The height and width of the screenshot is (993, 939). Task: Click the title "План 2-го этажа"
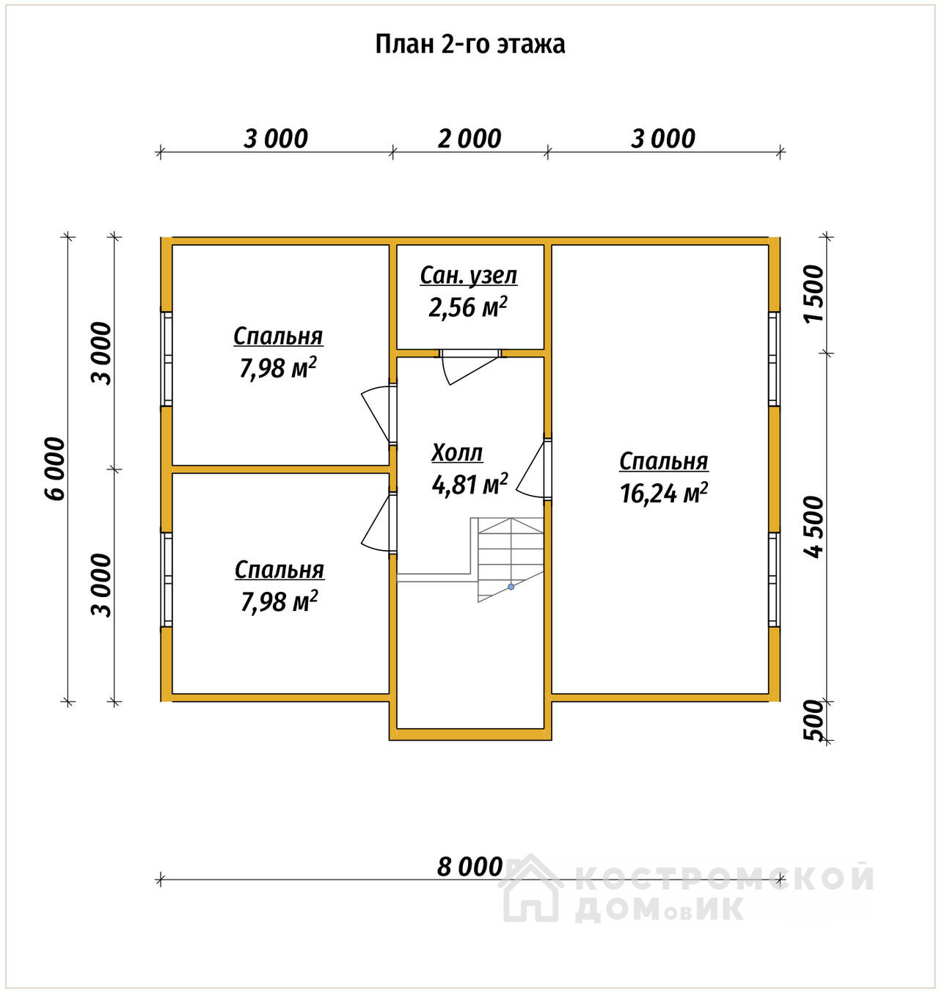(x=469, y=45)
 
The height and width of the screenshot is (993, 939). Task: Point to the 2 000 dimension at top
(x=469, y=139)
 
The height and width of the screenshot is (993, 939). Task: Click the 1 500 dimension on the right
(x=814, y=295)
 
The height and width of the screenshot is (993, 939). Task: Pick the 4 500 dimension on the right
(x=814, y=527)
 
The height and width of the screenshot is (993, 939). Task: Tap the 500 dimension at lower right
(x=814, y=720)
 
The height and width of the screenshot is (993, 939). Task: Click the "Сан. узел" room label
(x=469, y=276)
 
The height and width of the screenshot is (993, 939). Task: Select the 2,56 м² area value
(x=467, y=307)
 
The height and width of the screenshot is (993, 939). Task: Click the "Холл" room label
(x=457, y=453)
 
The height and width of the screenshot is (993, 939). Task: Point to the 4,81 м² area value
(x=469, y=484)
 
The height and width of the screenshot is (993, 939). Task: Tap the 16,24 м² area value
(x=664, y=493)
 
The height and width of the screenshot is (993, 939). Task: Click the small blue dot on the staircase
(x=511, y=587)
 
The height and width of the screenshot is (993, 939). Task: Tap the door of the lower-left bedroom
(x=376, y=521)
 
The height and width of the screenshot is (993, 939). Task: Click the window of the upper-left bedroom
(x=167, y=359)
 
